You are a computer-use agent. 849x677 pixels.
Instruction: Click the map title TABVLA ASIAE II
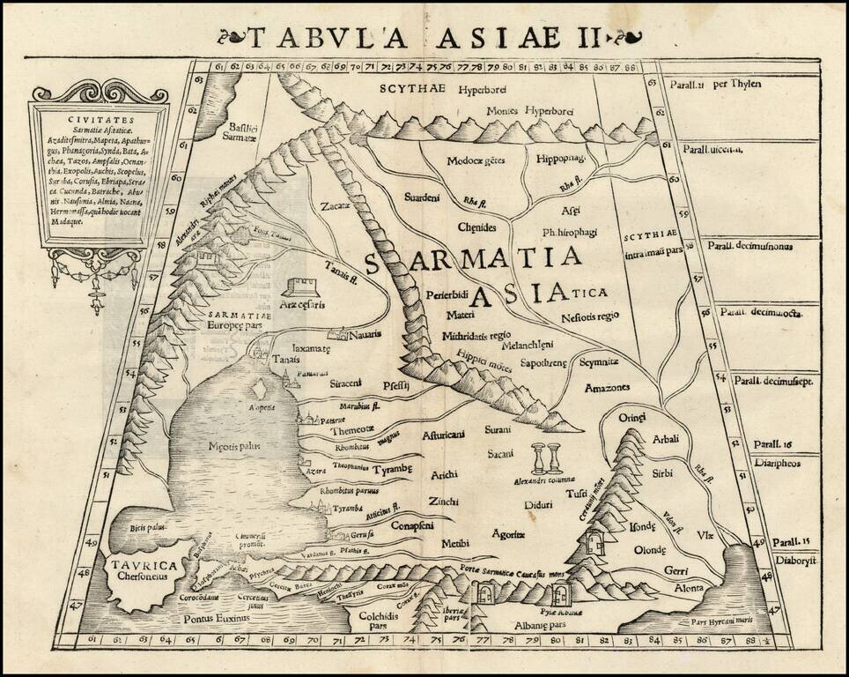point(424,38)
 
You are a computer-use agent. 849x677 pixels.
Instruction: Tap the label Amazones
point(609,387)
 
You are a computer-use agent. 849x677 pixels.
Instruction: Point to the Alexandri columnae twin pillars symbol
point(544,460)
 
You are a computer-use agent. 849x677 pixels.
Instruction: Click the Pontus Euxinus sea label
point(212,619)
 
